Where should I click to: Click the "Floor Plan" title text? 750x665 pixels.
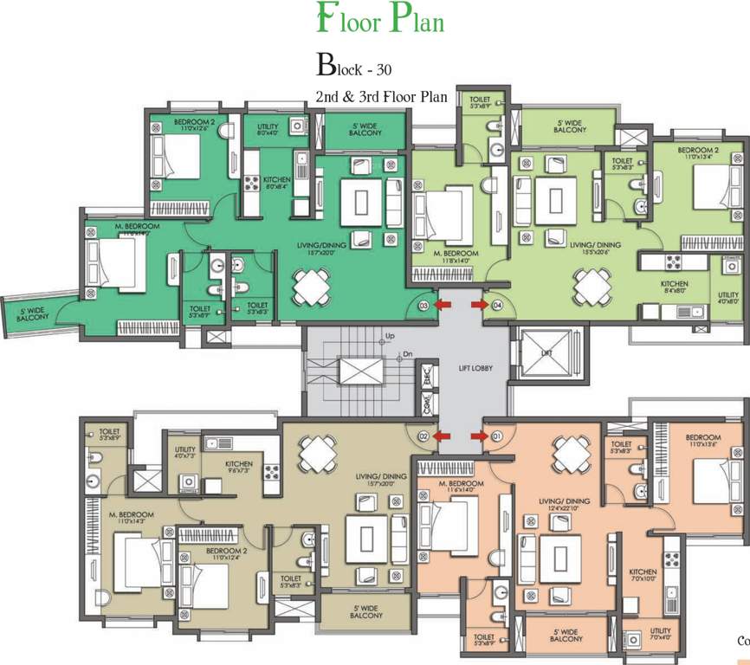[x=380, y=20]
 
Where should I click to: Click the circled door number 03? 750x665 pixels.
[x=424, y=306]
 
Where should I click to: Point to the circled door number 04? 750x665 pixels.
[x=497, y=306]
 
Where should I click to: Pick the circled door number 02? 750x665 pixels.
[x=424, y=436]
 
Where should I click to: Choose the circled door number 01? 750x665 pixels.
[x=497, y=436]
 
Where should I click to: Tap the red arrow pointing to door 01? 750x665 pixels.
[x=478, y=436]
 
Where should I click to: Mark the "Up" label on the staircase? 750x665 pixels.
[x=390, y=336]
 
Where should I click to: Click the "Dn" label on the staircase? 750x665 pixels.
[x=407, y=354]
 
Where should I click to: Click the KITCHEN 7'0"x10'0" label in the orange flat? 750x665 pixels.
[x=643, y=577]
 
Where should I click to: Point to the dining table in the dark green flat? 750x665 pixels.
[x=311, y=285]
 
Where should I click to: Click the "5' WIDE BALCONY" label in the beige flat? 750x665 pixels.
[x=367, y=611]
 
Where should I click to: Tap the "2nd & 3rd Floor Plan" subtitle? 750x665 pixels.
[x=382, y=97]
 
